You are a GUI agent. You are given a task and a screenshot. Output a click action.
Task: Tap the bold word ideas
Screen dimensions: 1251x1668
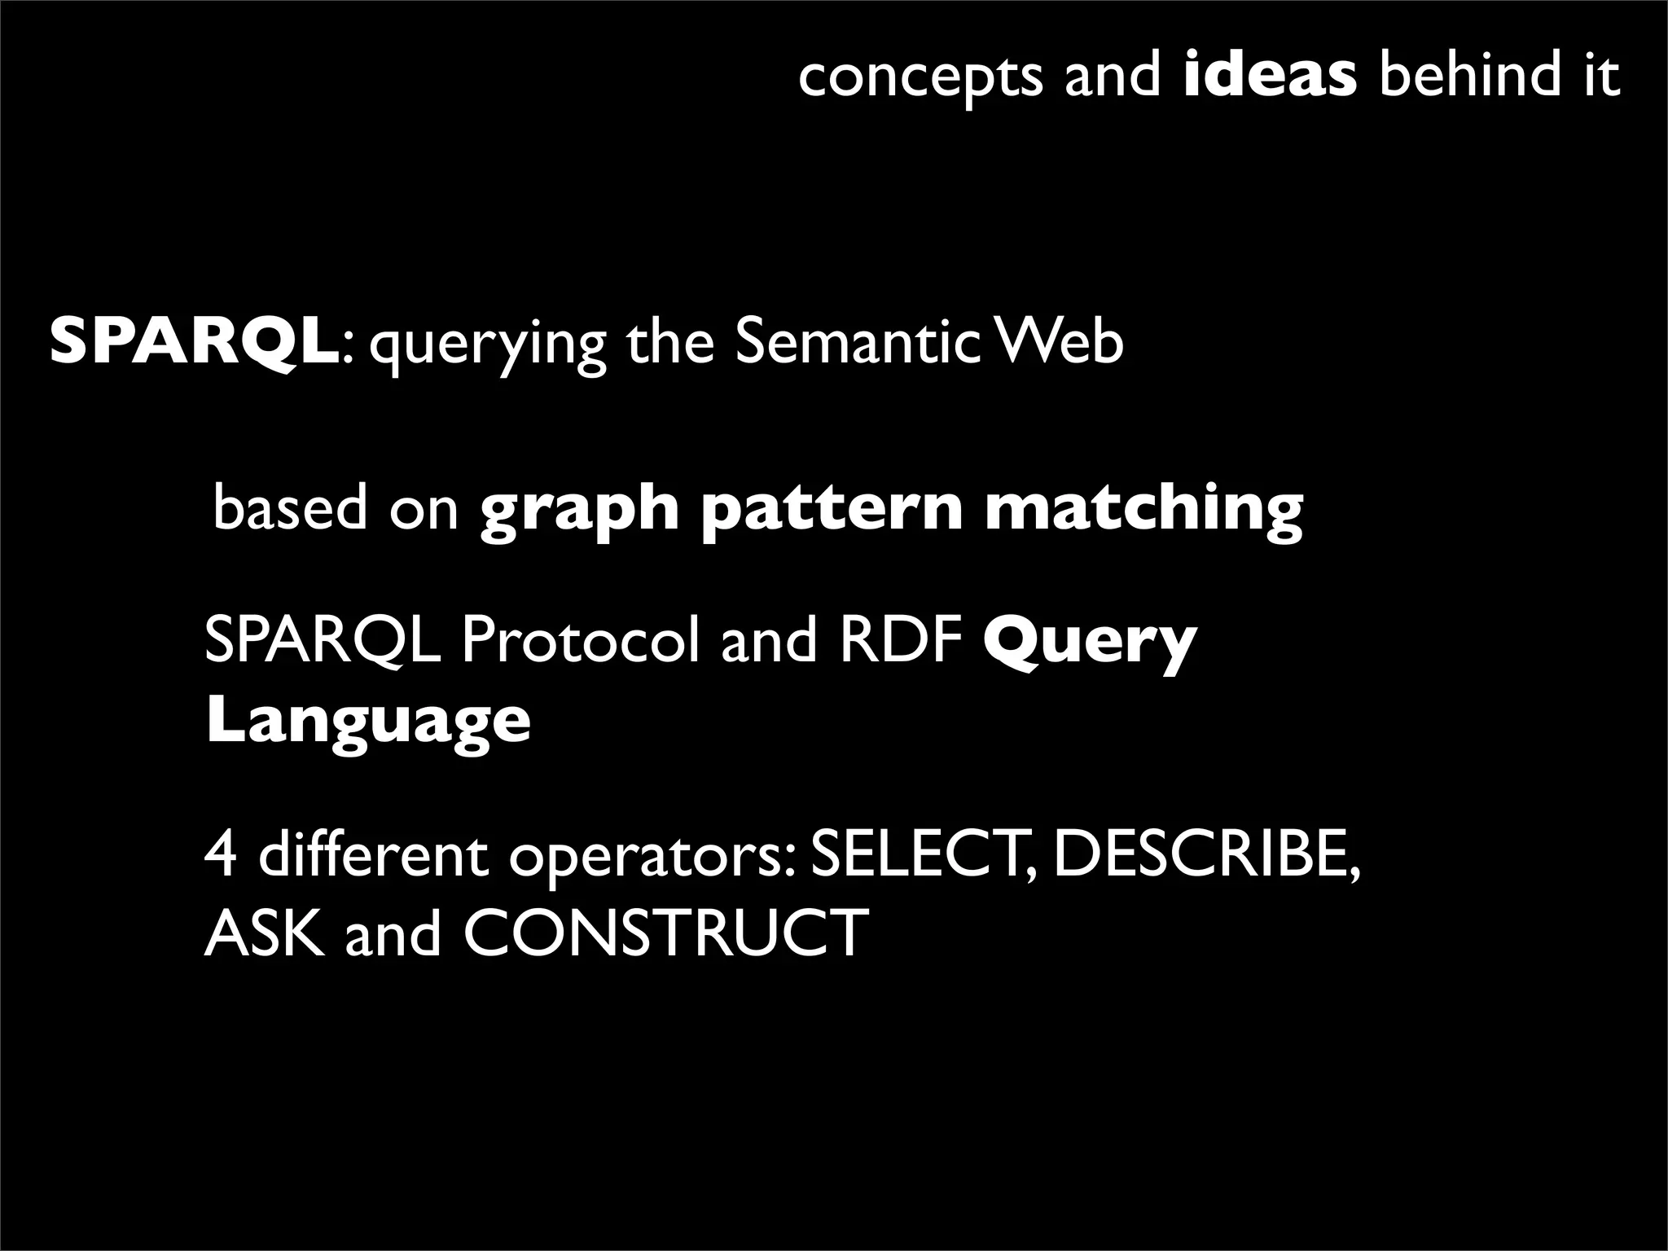tap(1270, 74)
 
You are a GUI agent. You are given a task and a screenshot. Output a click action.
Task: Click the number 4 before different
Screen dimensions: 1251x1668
tap(221, 854)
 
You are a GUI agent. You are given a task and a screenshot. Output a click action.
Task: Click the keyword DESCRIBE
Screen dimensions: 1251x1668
tap(1206, 854)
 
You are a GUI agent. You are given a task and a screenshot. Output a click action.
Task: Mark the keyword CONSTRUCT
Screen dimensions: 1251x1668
tap(665, 933)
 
